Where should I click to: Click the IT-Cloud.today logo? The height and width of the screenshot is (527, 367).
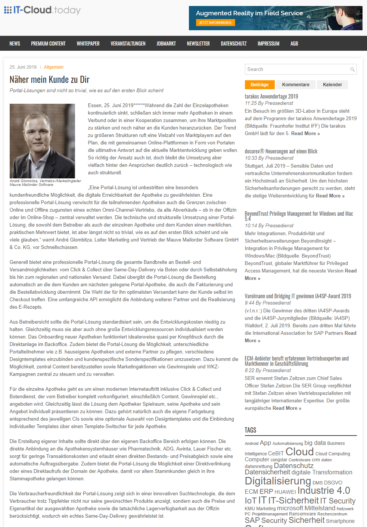(42, 10)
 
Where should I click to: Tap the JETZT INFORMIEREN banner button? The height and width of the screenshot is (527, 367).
(215, 23)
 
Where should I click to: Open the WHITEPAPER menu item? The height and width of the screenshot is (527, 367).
(88, 44)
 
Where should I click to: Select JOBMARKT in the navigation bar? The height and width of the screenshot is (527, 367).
(166, 44)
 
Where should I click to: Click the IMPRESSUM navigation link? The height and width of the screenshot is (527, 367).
(268, 44)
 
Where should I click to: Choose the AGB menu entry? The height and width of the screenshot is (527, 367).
(294, 44)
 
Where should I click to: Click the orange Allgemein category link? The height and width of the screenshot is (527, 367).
(54, 67)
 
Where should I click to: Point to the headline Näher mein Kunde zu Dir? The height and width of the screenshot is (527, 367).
(50, 79)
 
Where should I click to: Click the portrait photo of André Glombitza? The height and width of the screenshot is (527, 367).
(42, 141)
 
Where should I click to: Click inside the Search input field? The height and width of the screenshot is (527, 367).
(297, 69)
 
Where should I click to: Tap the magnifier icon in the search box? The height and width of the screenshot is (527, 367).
(352, 69)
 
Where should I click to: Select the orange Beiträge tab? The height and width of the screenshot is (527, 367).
(259, 85)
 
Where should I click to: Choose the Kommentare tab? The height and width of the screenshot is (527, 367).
(296, 85)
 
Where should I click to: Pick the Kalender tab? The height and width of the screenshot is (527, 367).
(332, 85)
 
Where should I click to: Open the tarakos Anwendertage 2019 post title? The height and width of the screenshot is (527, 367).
(271, 96)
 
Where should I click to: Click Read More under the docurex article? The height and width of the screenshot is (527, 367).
(330, 196)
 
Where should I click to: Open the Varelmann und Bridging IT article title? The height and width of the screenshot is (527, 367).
(298, 296)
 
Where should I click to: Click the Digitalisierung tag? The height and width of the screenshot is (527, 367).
(278, 481)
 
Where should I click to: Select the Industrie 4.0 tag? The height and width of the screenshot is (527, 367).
(323, 490)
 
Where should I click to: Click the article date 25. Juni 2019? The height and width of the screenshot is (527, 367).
(23, 67)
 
